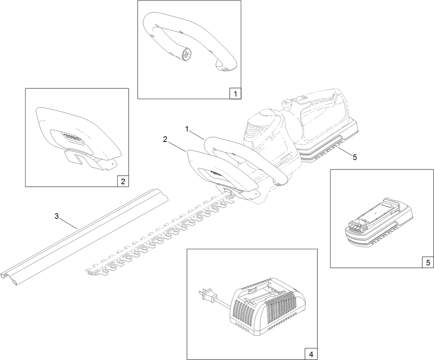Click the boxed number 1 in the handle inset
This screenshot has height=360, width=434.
point(235,93)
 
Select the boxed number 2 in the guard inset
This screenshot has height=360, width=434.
point(123,181)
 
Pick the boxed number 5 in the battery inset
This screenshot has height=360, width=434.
point(428,262)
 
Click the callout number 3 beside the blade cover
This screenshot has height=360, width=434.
point(57,216)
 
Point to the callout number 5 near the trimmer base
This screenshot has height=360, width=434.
point(355,157)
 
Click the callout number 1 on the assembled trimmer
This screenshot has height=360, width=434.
point(187,129)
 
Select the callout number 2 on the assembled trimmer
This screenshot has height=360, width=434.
point(165,139)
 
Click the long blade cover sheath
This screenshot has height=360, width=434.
point(86,235)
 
